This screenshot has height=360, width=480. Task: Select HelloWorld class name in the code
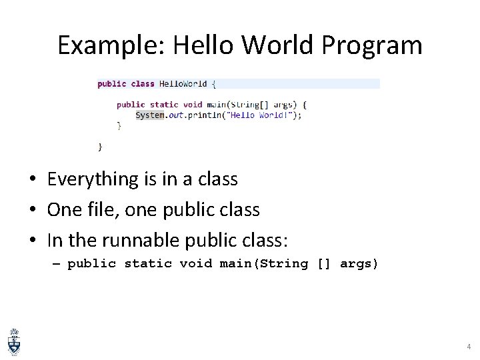coord(183,84)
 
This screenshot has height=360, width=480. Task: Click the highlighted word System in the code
coord(149,115)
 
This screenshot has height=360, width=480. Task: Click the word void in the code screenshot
coord(193,105)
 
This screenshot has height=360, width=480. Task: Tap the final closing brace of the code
coord(100,145)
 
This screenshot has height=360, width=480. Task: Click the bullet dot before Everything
coord(32,180)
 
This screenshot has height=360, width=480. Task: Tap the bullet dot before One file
coord(32,210)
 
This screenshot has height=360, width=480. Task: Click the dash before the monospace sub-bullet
coord(55,264)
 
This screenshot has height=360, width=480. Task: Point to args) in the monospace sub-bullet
coord(359,264)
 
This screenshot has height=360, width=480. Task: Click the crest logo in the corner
coord(14,341)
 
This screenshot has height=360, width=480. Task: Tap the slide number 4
coord(468,347)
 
